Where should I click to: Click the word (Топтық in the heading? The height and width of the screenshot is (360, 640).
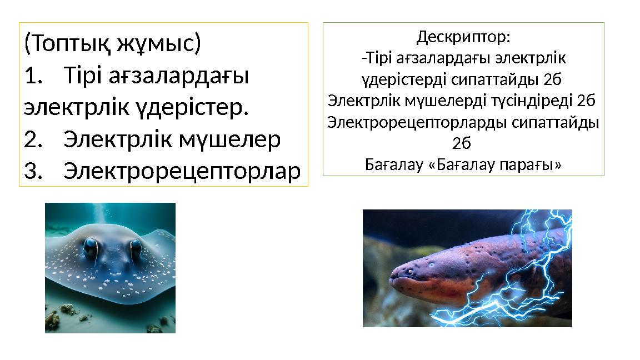coord(67,43)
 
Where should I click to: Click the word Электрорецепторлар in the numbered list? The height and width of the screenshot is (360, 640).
coord(182,172)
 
